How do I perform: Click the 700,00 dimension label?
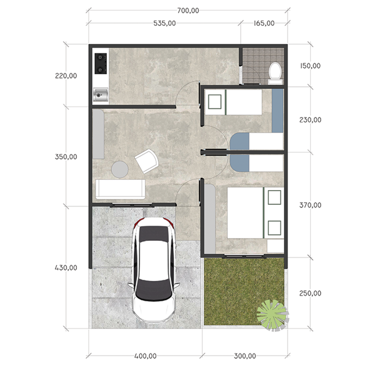[x=188, y=10]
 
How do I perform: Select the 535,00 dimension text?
[x=164, y=23]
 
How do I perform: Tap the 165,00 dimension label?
[x=264, y=23]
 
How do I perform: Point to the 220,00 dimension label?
[x=66, y=76]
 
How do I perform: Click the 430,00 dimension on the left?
[x=66, y=268]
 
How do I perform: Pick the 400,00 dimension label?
[x=145, y=356]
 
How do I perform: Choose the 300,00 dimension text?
[x=245, y=356]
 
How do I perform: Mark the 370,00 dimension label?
[x=310, y=205]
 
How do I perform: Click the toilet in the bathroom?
[x=275, y=73]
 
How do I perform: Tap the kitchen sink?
[x=100, y=95]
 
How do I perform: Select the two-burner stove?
[x=100, y=64]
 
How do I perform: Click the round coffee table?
[x=120, y=169]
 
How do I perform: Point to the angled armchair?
[x=147, y=161]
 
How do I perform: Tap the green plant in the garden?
[x=272, y=315]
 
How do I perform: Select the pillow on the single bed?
[x=215, y=102]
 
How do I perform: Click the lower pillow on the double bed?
[x=275, y=228]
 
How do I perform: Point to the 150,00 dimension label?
[x=310, y=66]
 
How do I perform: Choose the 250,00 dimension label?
[x=310, y=293]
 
